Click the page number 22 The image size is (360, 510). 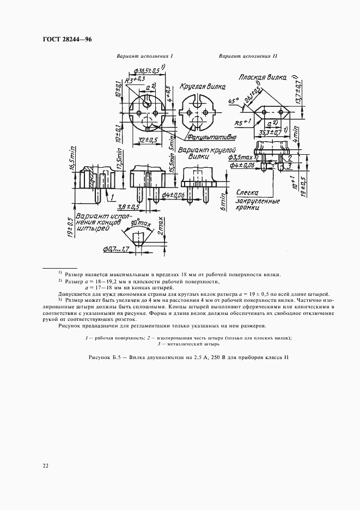[x=44, y=465]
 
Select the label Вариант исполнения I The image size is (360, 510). [x=144, y=56]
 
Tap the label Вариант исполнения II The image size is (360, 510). [x=248, y=56]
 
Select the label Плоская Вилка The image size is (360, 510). [x=263, y=78]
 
